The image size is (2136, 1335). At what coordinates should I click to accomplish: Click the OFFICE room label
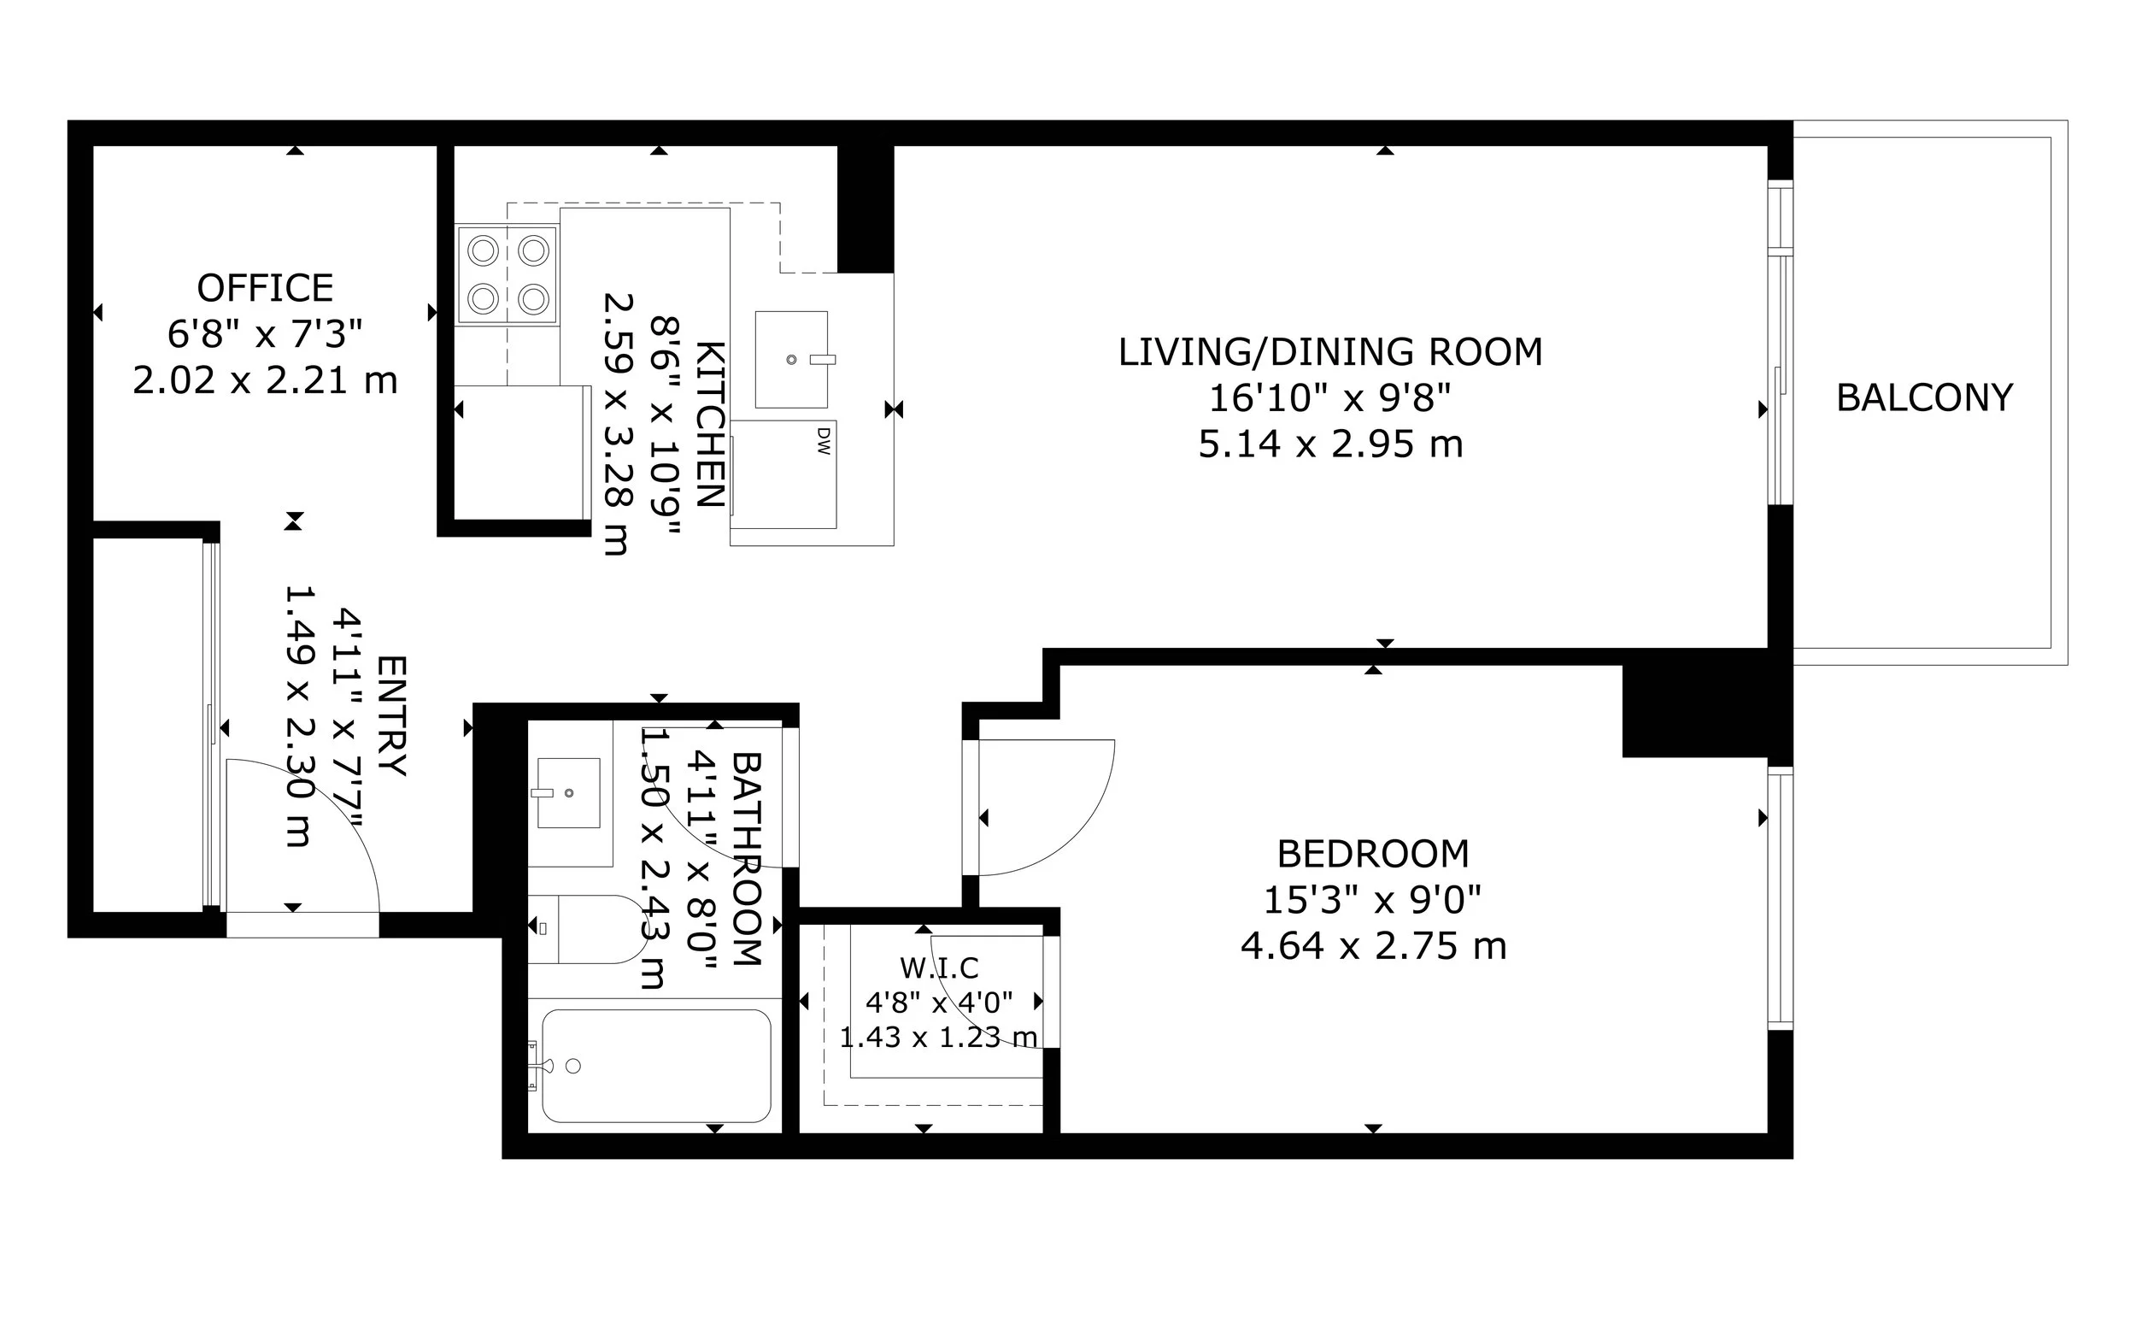pos(265,289)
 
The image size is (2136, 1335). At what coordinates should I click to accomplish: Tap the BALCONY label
pos(1924,398)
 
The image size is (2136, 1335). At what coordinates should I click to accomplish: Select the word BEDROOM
pos(1373,854)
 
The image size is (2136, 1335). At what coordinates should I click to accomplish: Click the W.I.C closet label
pos(939,968)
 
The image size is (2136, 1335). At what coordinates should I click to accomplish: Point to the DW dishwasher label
pos(824,442)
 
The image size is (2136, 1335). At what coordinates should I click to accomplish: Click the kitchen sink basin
pos(792,359)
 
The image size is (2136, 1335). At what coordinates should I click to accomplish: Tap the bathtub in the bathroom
pos(656,1066)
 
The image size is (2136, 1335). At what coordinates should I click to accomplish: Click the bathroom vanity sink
pos(568,793)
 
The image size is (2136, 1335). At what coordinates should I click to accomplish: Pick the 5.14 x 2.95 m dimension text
pos(1330,444)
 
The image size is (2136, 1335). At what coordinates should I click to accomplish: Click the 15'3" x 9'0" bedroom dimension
pos(1373,901)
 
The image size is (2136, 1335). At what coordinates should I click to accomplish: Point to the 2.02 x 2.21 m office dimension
pos(265,380)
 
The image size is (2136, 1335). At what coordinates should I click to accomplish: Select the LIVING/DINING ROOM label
pos(1330,352)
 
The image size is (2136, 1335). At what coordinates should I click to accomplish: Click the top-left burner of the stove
pos(484,250)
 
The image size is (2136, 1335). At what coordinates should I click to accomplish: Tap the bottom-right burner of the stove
pos(534,299)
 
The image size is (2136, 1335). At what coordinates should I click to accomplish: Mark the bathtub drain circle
pos(572,1066)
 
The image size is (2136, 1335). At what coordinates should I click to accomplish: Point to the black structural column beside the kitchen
pos(866,209)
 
